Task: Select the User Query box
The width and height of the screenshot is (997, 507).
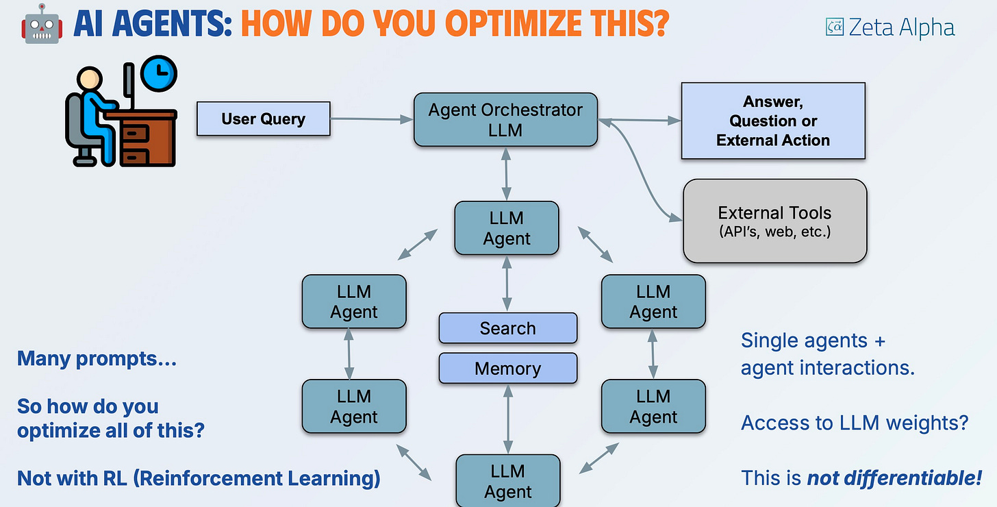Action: coord(264,119)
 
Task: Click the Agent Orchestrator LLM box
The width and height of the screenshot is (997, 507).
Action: coord(505,120)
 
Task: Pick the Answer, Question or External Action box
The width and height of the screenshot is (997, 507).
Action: coord(773,121)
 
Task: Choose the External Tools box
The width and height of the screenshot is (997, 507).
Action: coord(775,221)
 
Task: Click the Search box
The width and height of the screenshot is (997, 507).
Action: coord(507,328)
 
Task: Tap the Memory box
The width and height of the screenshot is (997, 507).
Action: coord(507,369)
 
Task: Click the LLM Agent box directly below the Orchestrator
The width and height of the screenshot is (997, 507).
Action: coord(507,228)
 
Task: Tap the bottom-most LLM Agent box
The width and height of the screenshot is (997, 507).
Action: coord(507,481)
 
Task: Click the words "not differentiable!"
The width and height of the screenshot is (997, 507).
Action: coord(894,477)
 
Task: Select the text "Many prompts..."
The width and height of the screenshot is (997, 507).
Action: coord(97,358)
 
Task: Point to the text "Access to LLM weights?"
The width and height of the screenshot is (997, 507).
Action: coord(854,423)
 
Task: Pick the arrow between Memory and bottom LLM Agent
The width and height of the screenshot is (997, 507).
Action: coord(507,419)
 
